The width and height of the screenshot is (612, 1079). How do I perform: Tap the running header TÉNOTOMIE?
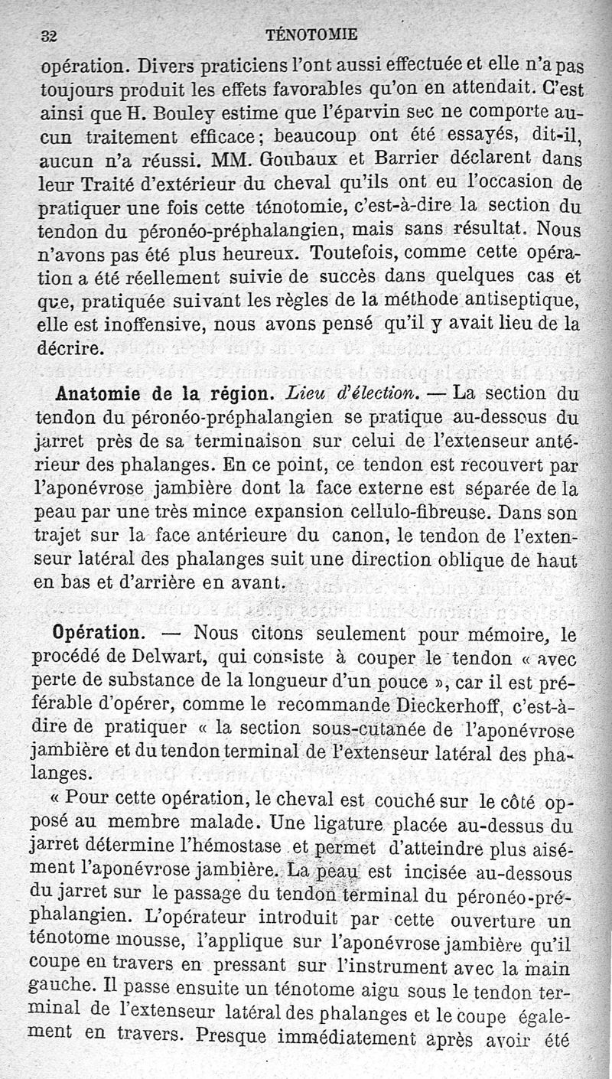pos(310,34)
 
